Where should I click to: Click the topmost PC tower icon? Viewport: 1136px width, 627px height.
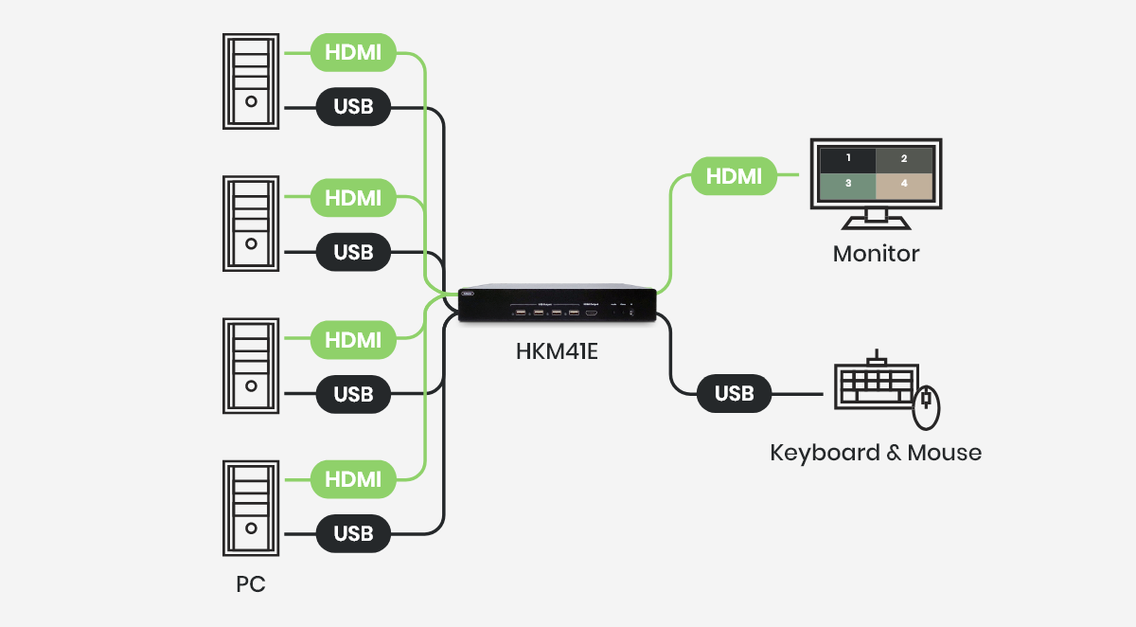pyautogui.click(x=251, y=81)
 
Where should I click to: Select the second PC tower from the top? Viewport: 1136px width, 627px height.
pyautogui.click(x=251, y=224)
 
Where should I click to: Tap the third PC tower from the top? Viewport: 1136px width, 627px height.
pyautogui.click(x=251, y=366)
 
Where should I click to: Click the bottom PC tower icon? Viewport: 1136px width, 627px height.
pyautogui.click(x=251, y=508)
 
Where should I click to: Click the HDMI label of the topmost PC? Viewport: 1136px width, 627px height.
pyautogui.click(x=353, y=53)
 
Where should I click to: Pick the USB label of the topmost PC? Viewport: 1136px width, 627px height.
pyautogui.click(x=353, y=108)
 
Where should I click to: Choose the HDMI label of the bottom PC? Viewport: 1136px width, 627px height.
pyautogui.click(x=353, y=479)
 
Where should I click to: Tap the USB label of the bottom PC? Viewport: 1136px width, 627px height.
pyautogui.click(x=353, y=534)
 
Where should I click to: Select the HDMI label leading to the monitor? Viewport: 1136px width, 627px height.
pyautogui.click(x=734, y=176)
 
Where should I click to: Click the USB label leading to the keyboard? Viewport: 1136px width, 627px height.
pyautogui.click(x=734, y=393)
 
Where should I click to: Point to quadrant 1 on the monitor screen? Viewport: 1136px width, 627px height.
pyautogui.click(x=848, y=158)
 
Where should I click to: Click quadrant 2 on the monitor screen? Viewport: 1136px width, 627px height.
pyautogui.click(x=904, y=158)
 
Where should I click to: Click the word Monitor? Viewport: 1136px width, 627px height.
pyautogui.click(x=876, y=254)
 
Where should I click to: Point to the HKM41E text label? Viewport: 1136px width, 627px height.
pyautogui.click(x=558, y=351)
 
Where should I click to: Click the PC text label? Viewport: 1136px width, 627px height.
pyautogui.click(x=251, y=584)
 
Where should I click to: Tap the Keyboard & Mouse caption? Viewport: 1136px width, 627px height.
pyautogui.click(x=876, y=453)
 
